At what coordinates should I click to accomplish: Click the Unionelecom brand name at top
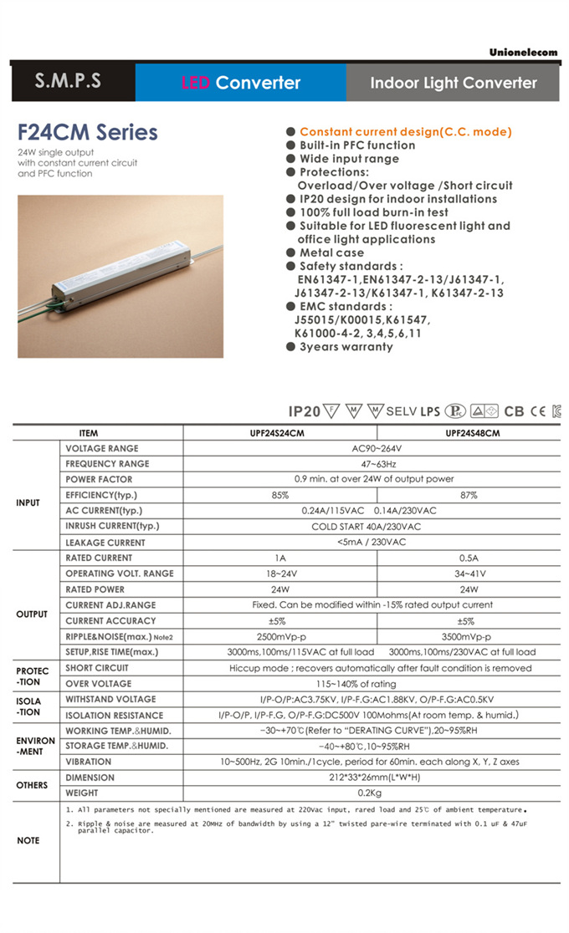(x=523, y=53)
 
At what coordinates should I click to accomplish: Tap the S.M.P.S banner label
(x=68, y=82)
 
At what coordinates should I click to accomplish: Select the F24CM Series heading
(x=87, y=132)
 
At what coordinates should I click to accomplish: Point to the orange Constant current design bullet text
(x=405, y=131)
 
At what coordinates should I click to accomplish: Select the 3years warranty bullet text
(x=346, y=346)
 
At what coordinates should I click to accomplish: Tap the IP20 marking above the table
(x=305, y=411)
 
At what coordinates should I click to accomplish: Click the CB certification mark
(x=514, y=411)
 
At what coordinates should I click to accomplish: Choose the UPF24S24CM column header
(x=279, y=433)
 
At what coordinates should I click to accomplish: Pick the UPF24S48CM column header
(x=468, y=433)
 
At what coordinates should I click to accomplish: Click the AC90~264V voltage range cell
(x=372, y=448)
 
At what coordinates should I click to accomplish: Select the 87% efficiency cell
(x=468, y=495)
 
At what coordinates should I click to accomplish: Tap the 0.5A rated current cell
(x=468, y=558)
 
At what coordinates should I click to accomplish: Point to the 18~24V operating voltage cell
(x=279, y=574)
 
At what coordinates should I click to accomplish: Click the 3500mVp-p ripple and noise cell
(x=468, y=636)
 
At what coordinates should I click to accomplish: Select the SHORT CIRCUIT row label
(x=97, y=668)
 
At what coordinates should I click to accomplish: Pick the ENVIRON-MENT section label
(x=35, y=746)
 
